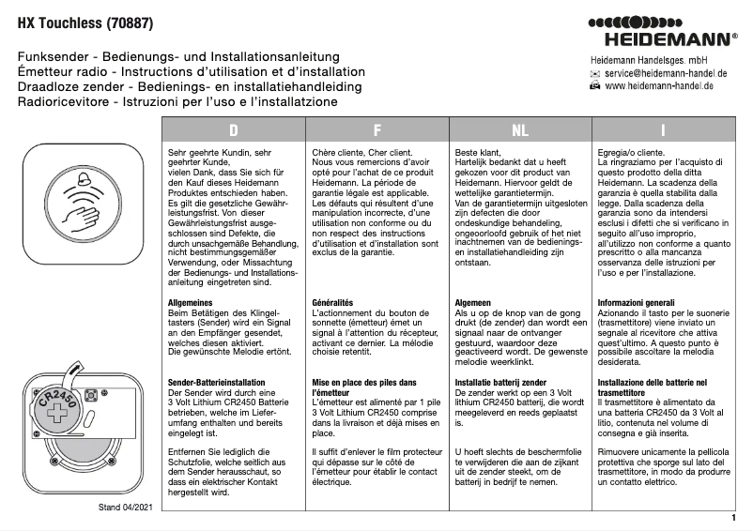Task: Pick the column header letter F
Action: point(376,129)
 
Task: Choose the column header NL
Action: point(519,129)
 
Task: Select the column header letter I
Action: point(663,129)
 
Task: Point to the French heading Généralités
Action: point(332,303)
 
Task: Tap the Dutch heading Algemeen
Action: point(474,303)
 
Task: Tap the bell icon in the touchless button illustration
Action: point(86,181)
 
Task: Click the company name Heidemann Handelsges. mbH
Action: point(641,59)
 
